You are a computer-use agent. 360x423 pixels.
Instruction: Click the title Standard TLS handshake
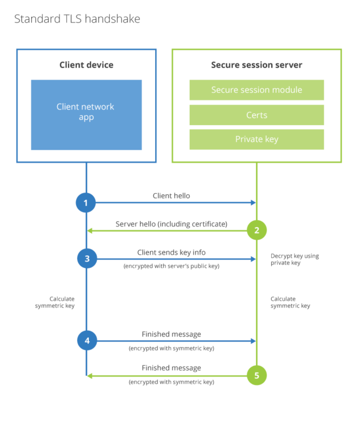(x=77, y=19)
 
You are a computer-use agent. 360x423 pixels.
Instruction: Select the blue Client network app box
(x=86, y=115)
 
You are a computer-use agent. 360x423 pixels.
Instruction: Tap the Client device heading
(x=86, y=65)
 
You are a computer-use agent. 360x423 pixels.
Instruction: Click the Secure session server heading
(x=256, y=65)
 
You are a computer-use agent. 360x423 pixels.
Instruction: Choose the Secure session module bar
(x=256, y=90)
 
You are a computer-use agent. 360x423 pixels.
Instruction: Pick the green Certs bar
(x=256, y=115)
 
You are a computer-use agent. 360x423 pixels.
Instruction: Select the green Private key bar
(x=256, y=139)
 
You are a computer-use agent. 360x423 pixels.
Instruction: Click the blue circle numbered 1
(x=86, y=202)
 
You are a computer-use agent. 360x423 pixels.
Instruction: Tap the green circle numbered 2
(x=257, y=231)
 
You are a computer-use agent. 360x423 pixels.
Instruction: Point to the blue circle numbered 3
(x=87, y=259)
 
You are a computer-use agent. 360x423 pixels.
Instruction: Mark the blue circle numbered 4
(x=87, y=341)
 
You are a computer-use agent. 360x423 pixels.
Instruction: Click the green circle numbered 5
(x=257, y=376)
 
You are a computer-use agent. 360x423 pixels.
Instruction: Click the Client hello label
(x=171, y=196)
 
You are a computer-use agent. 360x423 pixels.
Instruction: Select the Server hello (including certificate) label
(x=171, y=224)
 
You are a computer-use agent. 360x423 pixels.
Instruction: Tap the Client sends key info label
(x=171, y=252)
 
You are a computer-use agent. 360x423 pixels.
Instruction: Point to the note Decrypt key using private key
(x=294, y=259)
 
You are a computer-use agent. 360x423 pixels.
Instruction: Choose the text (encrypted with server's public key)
(x=171, y=266)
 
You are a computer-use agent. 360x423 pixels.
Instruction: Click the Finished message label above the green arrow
(x=171, y=368)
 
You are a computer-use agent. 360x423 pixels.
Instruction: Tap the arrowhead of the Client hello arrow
(x=253, y=202)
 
